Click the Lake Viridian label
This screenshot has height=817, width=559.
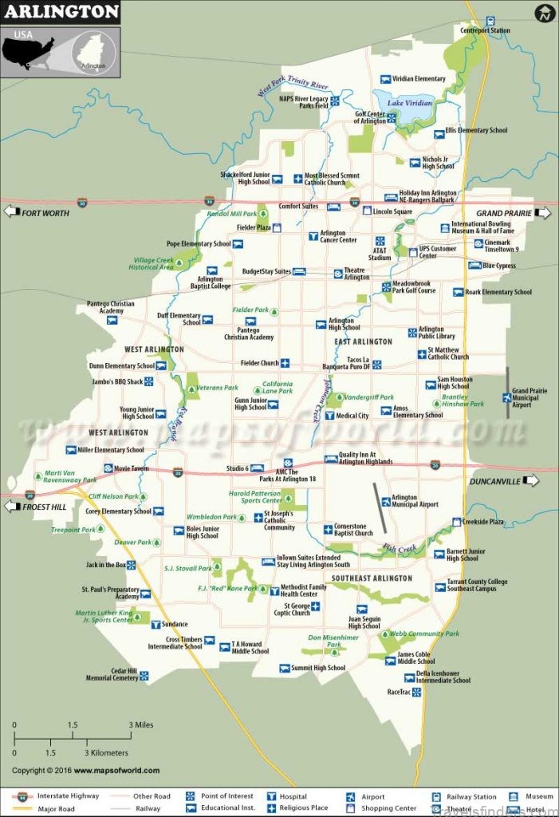[410, 103]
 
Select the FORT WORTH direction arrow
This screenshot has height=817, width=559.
[12, 211]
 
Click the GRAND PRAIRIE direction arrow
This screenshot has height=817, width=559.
[543, 213]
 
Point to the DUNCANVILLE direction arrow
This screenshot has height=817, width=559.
[532, 480]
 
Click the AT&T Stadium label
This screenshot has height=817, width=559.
[380, 253]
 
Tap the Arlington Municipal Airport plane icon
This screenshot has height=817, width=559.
[386, 502]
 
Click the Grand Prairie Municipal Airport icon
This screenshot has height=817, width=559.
[507, 397]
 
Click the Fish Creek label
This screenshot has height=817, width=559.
[400, 548]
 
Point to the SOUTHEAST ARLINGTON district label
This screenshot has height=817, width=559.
[372, 578]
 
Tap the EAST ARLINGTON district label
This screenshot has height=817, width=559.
[363, 341]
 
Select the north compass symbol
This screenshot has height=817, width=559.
[545, 14]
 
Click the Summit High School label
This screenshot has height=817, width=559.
[318, 668]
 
